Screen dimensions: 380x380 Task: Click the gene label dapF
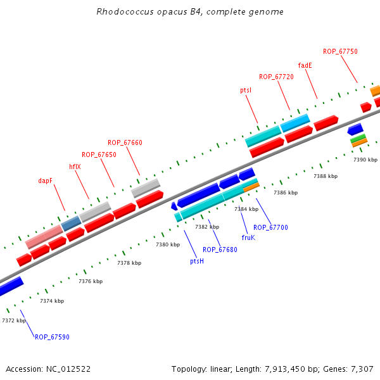45,180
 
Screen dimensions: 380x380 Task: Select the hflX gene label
75,167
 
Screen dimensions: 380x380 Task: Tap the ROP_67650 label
99,155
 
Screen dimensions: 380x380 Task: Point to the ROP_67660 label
125,143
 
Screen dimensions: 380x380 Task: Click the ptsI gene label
246,91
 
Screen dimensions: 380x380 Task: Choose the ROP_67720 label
276,77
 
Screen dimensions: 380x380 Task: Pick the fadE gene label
305,65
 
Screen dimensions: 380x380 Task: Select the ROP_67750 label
340,52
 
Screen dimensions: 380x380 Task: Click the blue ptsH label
197,261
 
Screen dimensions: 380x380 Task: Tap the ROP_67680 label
220,250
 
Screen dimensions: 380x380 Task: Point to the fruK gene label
248,238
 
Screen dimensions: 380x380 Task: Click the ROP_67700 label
270,227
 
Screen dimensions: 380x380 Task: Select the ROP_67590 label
52,338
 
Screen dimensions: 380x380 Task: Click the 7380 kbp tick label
168,245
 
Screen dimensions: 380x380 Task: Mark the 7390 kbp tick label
365,160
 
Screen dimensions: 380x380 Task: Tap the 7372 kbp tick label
14,321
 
